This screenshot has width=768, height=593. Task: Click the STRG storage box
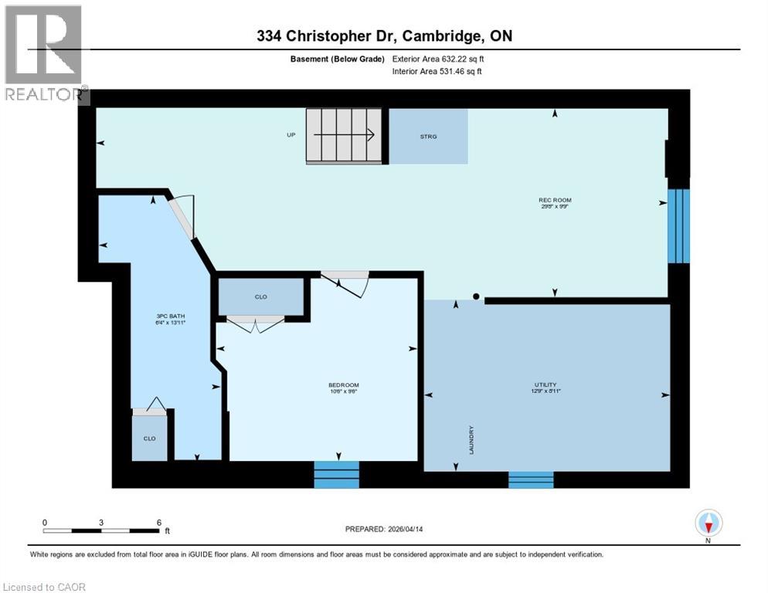pyautogui.click(x=428, y=137)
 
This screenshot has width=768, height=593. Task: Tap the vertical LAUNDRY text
pyautogui.click(x=471, y=440)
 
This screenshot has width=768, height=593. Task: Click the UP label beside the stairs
pyautogui.click(x=291, y=134)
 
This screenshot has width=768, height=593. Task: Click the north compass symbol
pyautogui.click(x=709, y=524)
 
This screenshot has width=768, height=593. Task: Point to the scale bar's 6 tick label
pyautogui.click(x=158, y=523)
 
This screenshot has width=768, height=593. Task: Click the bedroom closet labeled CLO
pyautogui.click(x=261, y=296)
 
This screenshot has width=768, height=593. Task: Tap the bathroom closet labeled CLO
pyautogui.click(x=149, y=438)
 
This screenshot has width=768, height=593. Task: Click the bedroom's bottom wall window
pyautogui.click(x=336, y=474)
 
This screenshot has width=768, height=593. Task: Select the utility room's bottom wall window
pyautogui.click(x=531, y=479)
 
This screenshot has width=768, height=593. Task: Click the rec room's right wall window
pyautogui.click(x=678, y=225)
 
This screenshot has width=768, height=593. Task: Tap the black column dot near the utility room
pyautogui.click(x=477, y=296)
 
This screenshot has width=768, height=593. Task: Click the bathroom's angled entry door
pyautogui.click(x=182, y=217)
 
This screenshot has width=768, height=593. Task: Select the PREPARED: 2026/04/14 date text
pyautogui.click(x=383, y=529)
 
